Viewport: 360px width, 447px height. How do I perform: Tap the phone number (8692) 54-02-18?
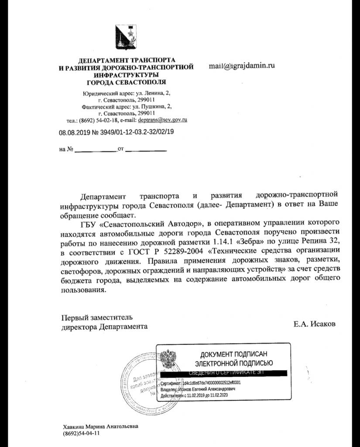coord(100,120)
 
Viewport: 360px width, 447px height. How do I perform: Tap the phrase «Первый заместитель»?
coord(96,317)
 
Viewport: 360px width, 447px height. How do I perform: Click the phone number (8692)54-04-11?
coord(82,434)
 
